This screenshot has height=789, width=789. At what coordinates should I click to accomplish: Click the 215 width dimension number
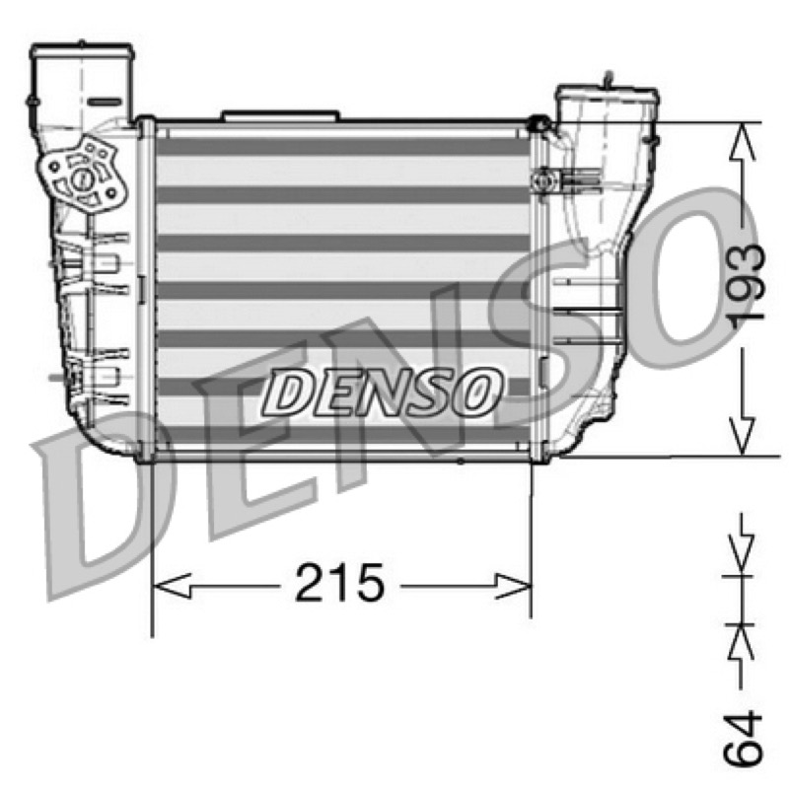(339, 583)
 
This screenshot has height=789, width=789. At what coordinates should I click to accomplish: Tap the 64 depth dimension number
(743, 738)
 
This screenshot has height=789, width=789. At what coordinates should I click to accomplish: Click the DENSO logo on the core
(382, 392)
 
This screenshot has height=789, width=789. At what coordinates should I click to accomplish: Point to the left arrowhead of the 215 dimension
(171, 586)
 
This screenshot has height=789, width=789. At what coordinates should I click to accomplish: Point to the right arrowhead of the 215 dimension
(513, 586)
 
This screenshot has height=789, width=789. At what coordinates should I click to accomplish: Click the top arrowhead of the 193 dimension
(742, 142)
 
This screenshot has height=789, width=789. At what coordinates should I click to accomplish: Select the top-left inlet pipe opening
(83, 51)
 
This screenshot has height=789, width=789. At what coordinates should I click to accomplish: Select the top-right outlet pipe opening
(607, 94)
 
